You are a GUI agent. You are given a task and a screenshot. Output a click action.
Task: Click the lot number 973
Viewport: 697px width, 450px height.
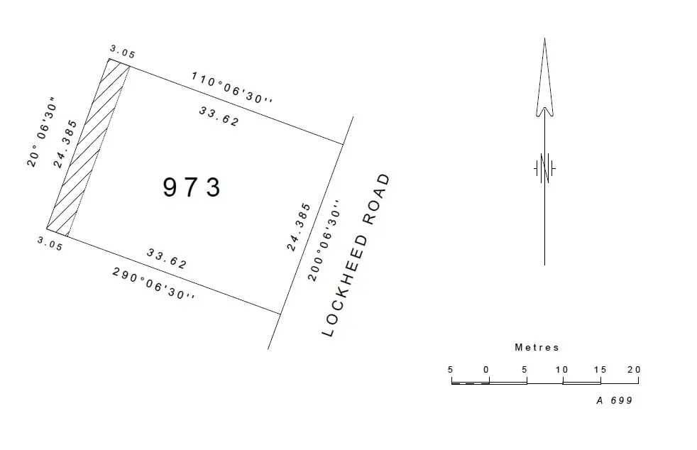pos(192,187)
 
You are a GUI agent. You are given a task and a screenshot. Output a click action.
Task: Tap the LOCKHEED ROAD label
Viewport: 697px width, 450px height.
pos(356,256)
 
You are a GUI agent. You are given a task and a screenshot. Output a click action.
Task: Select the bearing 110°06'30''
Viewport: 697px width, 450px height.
pos(231,87)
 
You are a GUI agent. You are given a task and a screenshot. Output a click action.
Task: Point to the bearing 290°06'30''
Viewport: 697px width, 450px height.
pos(153,283)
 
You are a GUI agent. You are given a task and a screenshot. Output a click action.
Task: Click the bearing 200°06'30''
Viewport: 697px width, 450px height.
pos(325,241)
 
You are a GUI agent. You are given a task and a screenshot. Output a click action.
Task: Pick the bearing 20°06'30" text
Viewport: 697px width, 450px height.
pos(42,131)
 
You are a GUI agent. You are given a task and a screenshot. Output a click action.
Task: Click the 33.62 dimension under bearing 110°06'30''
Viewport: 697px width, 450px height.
pos(219,116)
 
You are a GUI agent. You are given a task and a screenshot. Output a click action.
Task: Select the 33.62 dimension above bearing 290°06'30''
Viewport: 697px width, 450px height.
pos(167,258)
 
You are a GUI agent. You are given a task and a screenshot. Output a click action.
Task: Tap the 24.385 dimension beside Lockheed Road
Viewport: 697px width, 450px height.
pos(299,227)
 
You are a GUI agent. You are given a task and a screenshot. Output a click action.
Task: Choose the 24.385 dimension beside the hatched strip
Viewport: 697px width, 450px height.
pos(65,144)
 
